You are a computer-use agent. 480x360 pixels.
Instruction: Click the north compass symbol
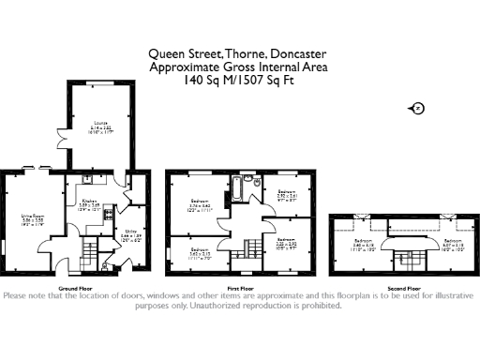(x=418, y=109)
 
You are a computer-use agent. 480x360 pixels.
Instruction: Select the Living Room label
(x=32, y=221)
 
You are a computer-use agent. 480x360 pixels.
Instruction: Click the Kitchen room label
(x=89, y=203)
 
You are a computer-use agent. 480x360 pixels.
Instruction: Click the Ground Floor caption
(x=75, y=288)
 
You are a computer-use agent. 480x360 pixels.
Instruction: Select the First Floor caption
(x=241, y=288)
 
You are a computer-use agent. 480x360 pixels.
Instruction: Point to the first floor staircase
(x=252, y=249)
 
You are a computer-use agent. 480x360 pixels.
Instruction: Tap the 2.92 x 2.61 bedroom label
(x=287, y=194)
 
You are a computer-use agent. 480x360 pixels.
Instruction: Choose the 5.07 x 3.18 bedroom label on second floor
(x=454, y=244)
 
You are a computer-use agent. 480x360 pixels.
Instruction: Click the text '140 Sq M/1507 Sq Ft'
(x=240, y=81)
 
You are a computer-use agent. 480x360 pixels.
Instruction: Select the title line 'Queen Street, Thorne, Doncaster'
(x=240, y=54)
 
